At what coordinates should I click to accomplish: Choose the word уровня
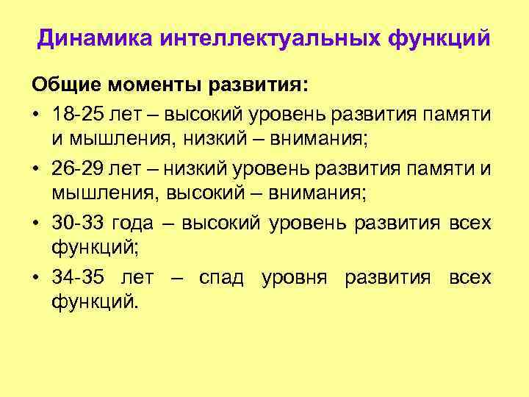[x=295, y=278]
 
